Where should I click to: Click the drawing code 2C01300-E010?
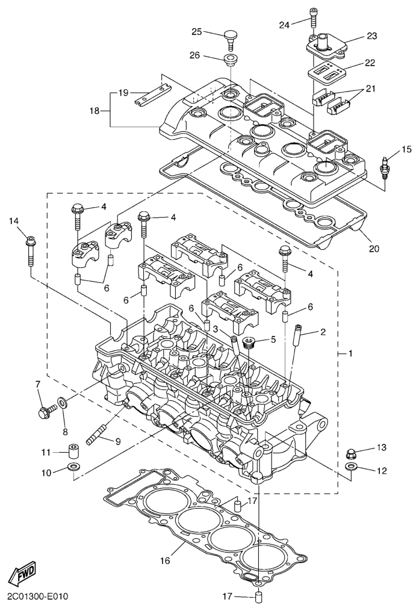pos(37,597)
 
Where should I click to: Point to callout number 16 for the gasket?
pos(165,560)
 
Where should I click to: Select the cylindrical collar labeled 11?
pos(74,451)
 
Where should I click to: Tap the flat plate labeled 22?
pos(326,72)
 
